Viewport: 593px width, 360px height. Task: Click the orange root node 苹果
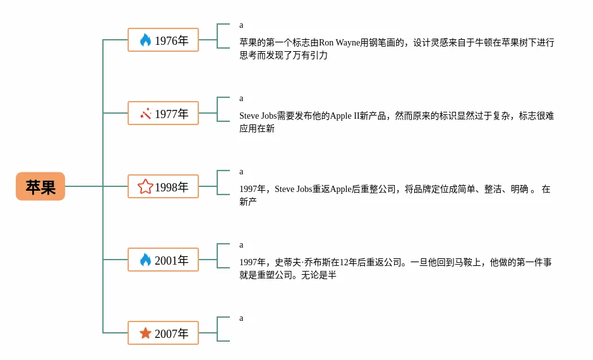(40, 186)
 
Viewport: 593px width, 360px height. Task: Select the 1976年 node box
(163, 40)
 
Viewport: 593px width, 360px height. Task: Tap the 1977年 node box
(163, 113)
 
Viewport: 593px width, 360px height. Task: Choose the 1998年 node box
(163, 186)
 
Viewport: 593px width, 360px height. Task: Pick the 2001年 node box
(163, 260)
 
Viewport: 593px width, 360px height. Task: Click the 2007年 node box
(163, 333)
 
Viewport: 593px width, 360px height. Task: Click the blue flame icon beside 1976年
(145, 40)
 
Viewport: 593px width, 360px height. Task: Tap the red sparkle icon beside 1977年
(145, 114)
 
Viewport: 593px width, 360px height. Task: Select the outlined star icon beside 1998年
(145, 186)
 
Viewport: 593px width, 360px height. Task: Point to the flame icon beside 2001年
(145, 260)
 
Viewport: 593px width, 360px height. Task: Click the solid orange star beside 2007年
(145, 333)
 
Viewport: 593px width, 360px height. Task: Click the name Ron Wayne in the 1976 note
(340, 43)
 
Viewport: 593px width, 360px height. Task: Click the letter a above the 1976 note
(241, 25)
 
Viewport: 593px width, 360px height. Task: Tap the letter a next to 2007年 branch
(241, 318)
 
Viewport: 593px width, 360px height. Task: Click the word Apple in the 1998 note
(341, 189)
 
